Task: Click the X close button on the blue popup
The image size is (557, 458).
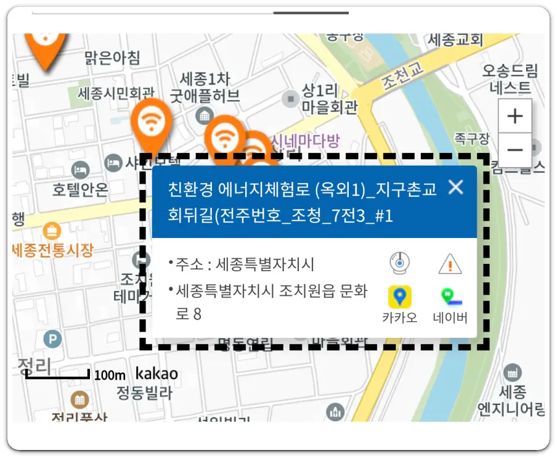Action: pyautogui.click(x=455, y=187)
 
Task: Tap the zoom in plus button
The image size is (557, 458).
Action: pyautogui.click(x=514, y=116)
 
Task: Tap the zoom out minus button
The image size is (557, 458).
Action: pyautogui.click(x=514, y=150)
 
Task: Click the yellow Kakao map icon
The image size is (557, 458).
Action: pyautogui.click(x=400, y=296)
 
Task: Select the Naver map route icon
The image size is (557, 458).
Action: pyautogui.click(x=450, y=296)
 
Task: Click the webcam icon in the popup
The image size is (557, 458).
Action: pyautogui.click(x=400, y=263)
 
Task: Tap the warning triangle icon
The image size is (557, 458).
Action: pyautogui.click(x=450, y=264)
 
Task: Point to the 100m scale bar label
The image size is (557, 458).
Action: pyautogui.click(x=110, y=375)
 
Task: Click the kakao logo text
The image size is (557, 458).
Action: pyautogui.click(x=157, y=374)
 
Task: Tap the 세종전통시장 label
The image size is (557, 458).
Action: pyautogui.click(x=53, y=250)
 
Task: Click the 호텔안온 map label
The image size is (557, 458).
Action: pyautogui.click(x=80, y=188)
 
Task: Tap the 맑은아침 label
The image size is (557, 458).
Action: pyautogui.click(x=112, y=58)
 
